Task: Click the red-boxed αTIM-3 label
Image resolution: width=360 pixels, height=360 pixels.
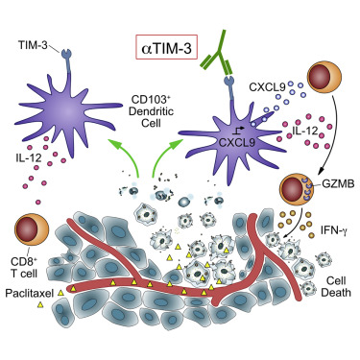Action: click(166, 47)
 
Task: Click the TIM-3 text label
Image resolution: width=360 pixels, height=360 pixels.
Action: click(32, 46)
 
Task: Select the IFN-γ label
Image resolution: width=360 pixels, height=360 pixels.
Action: click(334, 229)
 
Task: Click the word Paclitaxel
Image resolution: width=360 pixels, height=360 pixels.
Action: click(30, 293)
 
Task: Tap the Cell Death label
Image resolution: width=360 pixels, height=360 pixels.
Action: click(336, 286)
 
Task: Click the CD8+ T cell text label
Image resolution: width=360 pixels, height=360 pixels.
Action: click(25, 267)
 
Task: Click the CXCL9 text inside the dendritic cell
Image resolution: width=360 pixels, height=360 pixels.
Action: click(236, 142)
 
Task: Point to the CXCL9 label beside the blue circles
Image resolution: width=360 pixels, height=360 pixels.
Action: click(266, 86)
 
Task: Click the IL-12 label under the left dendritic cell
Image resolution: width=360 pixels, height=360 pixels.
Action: click(28, 157)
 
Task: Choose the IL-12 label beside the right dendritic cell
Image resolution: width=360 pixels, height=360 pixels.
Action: click(304, 131)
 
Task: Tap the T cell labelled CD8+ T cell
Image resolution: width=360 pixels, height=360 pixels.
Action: click(32, 230)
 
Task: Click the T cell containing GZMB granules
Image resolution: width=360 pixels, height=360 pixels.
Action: click(297, 189)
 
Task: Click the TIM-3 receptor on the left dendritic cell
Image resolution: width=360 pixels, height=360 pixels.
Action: click(68, 60)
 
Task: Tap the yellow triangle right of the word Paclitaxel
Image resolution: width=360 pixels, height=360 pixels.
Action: click(60, 293)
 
